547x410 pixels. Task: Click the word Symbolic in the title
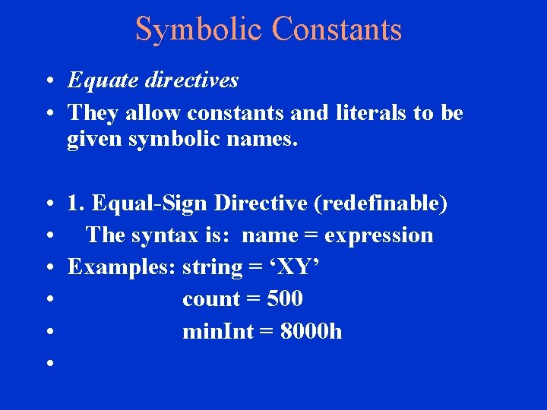click(199, 29)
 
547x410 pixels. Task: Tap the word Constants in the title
click(336, 29)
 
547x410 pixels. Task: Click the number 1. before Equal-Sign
click(76, 203)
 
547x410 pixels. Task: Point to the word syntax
click(167, 236)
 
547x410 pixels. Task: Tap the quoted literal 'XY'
click(295, 267)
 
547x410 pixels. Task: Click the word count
click(210, 299)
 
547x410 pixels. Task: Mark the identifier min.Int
click(215, 331)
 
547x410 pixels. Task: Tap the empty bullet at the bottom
click(48, 364)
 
